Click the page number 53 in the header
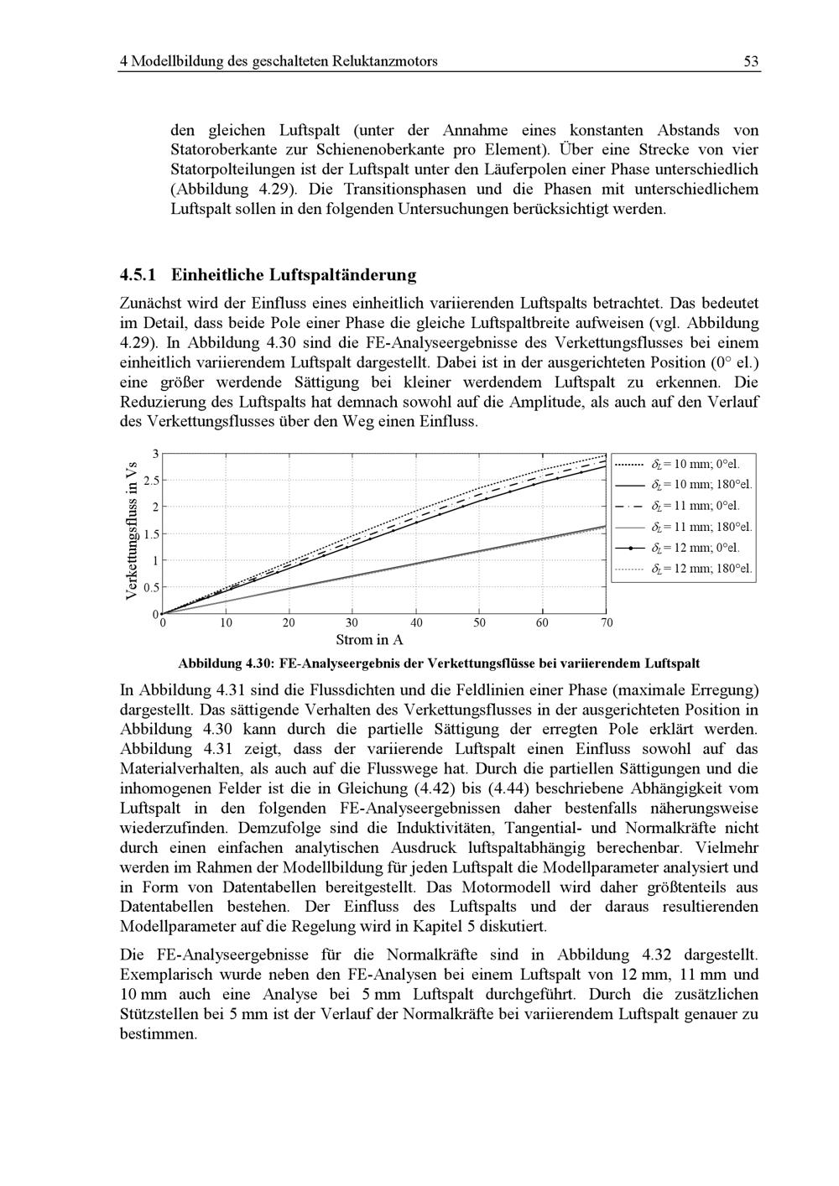pyautogui.click(x=751, y=61)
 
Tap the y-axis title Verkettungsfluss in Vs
pyautogui.click(x=131, y=532)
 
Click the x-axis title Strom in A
pyautogui.click(x=369, y=640)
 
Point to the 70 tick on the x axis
pyautogui.click(x=607, y=623)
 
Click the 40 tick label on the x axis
pyautogui.click(x=417, y=623)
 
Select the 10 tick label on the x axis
pyautogui.click(x=227, y=623)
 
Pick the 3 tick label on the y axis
pyautogui.click(x=155, y=454)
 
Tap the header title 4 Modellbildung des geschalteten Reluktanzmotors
pyautogui.click(x=279, y=61)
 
